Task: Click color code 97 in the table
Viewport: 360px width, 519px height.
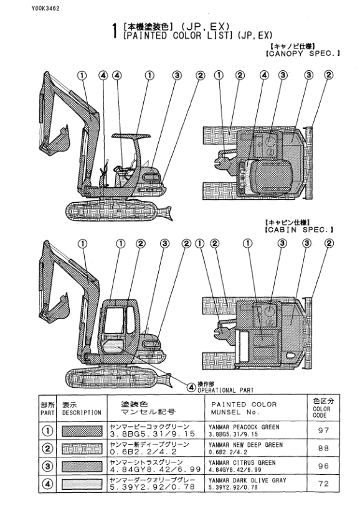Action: [321, 429]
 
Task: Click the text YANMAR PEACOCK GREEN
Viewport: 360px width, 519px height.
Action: [241, 426]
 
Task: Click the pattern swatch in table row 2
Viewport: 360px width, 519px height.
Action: [82, 446]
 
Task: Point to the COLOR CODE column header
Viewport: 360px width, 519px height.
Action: [321, 408]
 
